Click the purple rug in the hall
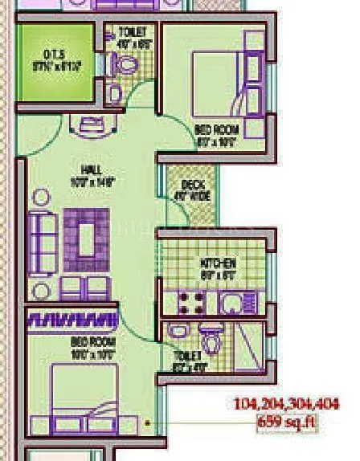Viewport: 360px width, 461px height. [x=87, y=239]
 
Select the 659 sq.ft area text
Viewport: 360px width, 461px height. [x=286, y=422]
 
